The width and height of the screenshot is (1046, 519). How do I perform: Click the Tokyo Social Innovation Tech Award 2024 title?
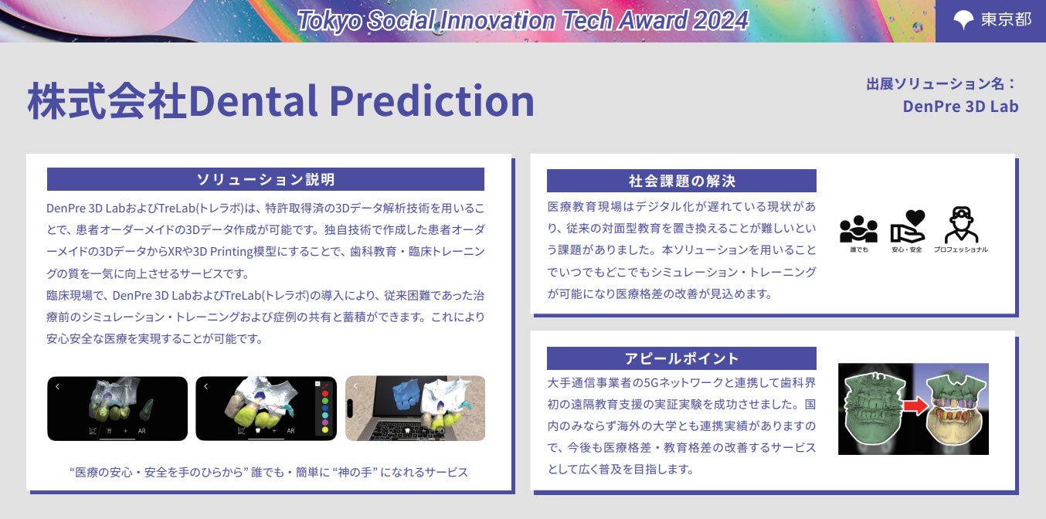[523, 21]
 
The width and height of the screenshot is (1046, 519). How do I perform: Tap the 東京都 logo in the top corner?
[992, 19]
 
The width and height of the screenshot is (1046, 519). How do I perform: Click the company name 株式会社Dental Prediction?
[281, 101]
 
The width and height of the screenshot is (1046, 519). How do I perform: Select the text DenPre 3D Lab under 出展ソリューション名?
[960, 107]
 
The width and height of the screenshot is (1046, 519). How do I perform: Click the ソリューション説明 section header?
[265, 179]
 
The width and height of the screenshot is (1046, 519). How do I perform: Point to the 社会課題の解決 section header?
[681, 181]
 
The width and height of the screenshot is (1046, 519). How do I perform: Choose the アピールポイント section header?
[681, 358]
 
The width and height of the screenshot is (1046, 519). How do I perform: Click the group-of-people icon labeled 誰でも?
[858, 229]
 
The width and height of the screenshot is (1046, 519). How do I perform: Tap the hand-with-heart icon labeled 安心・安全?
[907, 226]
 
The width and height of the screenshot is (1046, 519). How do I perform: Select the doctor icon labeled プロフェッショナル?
[961, 225]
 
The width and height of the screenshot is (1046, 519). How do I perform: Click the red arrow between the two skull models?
[915, 406]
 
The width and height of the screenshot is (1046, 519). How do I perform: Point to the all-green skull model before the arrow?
[874, 409]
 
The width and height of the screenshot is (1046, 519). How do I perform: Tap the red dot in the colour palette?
[325, 394]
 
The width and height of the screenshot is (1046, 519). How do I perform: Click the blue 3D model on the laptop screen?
[406, 395]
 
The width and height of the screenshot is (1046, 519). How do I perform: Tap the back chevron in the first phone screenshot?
[57, 386]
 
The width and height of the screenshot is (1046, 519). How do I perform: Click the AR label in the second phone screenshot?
[290, 431]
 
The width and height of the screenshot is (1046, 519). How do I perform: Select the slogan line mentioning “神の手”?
[269, 473]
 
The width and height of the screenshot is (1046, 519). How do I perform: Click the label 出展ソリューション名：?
[942, 84]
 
